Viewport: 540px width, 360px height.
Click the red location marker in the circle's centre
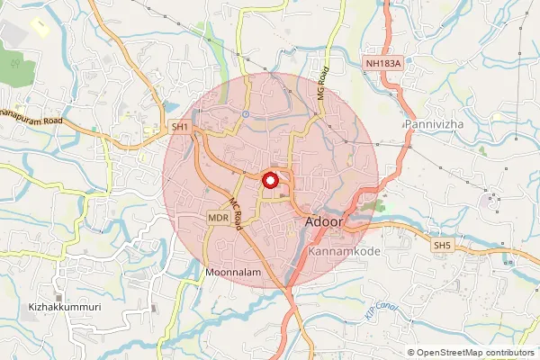point(271,179)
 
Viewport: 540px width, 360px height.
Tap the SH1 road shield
point(181,128)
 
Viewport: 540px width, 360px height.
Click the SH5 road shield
point(442,246)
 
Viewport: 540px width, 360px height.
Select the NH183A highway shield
point(382,63)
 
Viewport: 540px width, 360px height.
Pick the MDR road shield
point(218,219)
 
